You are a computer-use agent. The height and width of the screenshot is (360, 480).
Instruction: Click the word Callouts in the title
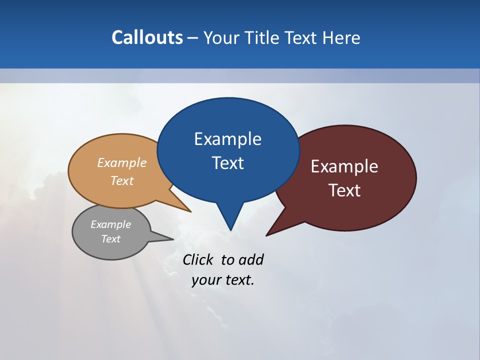tap(147, 38)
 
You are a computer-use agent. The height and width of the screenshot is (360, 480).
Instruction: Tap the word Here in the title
tap(341, 38)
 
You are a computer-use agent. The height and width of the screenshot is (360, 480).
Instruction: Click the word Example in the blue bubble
tap(227, 139)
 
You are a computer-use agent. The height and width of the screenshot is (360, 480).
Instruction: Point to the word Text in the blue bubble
tap(227, 163)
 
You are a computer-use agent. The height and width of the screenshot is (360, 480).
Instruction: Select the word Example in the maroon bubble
tap(344, 166)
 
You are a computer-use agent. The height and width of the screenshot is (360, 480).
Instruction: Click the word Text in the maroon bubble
tap(344, 190)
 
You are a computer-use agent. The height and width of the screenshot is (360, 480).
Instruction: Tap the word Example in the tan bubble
tap(122, 163)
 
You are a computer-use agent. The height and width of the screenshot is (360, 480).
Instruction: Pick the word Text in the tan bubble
tap(122, 181)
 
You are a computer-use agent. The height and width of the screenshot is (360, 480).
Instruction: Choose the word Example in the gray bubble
tap(110, 224)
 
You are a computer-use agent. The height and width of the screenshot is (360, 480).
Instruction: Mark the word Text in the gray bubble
tap(110, 239)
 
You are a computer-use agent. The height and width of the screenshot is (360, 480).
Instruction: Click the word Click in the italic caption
tap(197, 260)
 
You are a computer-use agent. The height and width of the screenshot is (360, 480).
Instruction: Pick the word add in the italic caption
tap(251, 260)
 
